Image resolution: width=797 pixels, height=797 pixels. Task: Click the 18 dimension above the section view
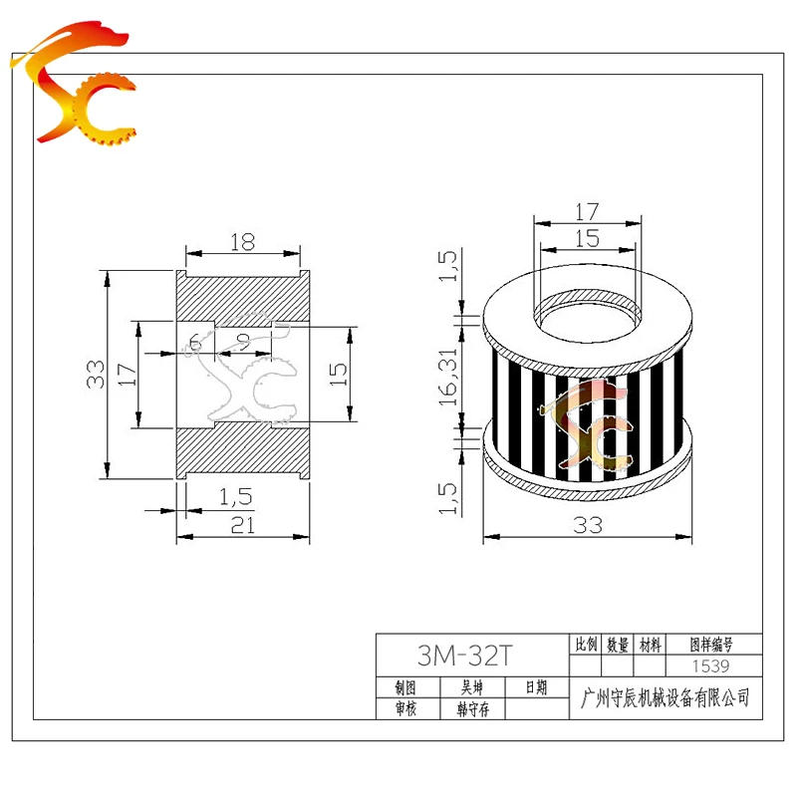point(242,241)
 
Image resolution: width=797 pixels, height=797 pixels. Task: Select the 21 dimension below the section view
point(241,527)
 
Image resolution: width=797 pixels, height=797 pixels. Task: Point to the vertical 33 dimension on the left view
point(96,375)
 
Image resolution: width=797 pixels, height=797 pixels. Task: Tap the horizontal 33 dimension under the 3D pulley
point(588,526)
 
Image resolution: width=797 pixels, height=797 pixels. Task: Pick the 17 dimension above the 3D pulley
point(588,211)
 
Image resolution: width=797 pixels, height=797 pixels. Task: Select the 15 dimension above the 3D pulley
point(588,238)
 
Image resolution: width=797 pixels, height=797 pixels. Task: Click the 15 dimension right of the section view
point(338,375)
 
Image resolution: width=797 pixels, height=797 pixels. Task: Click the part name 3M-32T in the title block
point(464,657)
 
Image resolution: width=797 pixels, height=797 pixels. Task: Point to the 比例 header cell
point(585,645)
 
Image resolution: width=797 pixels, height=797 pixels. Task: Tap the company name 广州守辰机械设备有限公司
point(664,698)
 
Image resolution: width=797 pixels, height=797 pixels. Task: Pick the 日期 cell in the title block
point(535,687)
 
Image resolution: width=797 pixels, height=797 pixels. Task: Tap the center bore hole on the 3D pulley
point(588,311)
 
